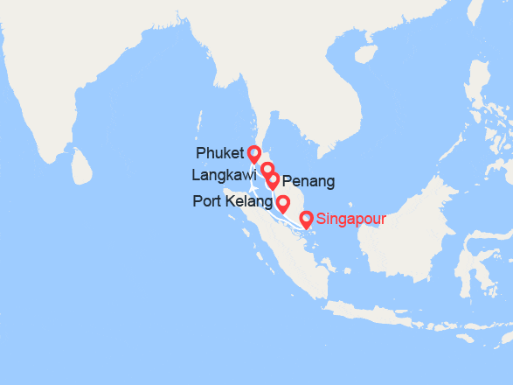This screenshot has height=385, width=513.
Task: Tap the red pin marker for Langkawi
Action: (x=267, y=169)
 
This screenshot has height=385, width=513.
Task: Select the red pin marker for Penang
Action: (x=273, y=180)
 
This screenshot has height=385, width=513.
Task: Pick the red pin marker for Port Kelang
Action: (x=283, y=204)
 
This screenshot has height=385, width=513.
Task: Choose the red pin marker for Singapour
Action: (x=306, y=219)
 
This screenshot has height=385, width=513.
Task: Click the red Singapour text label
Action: (x=351, y=219)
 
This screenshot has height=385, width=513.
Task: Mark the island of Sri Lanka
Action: (x=81, y=165)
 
